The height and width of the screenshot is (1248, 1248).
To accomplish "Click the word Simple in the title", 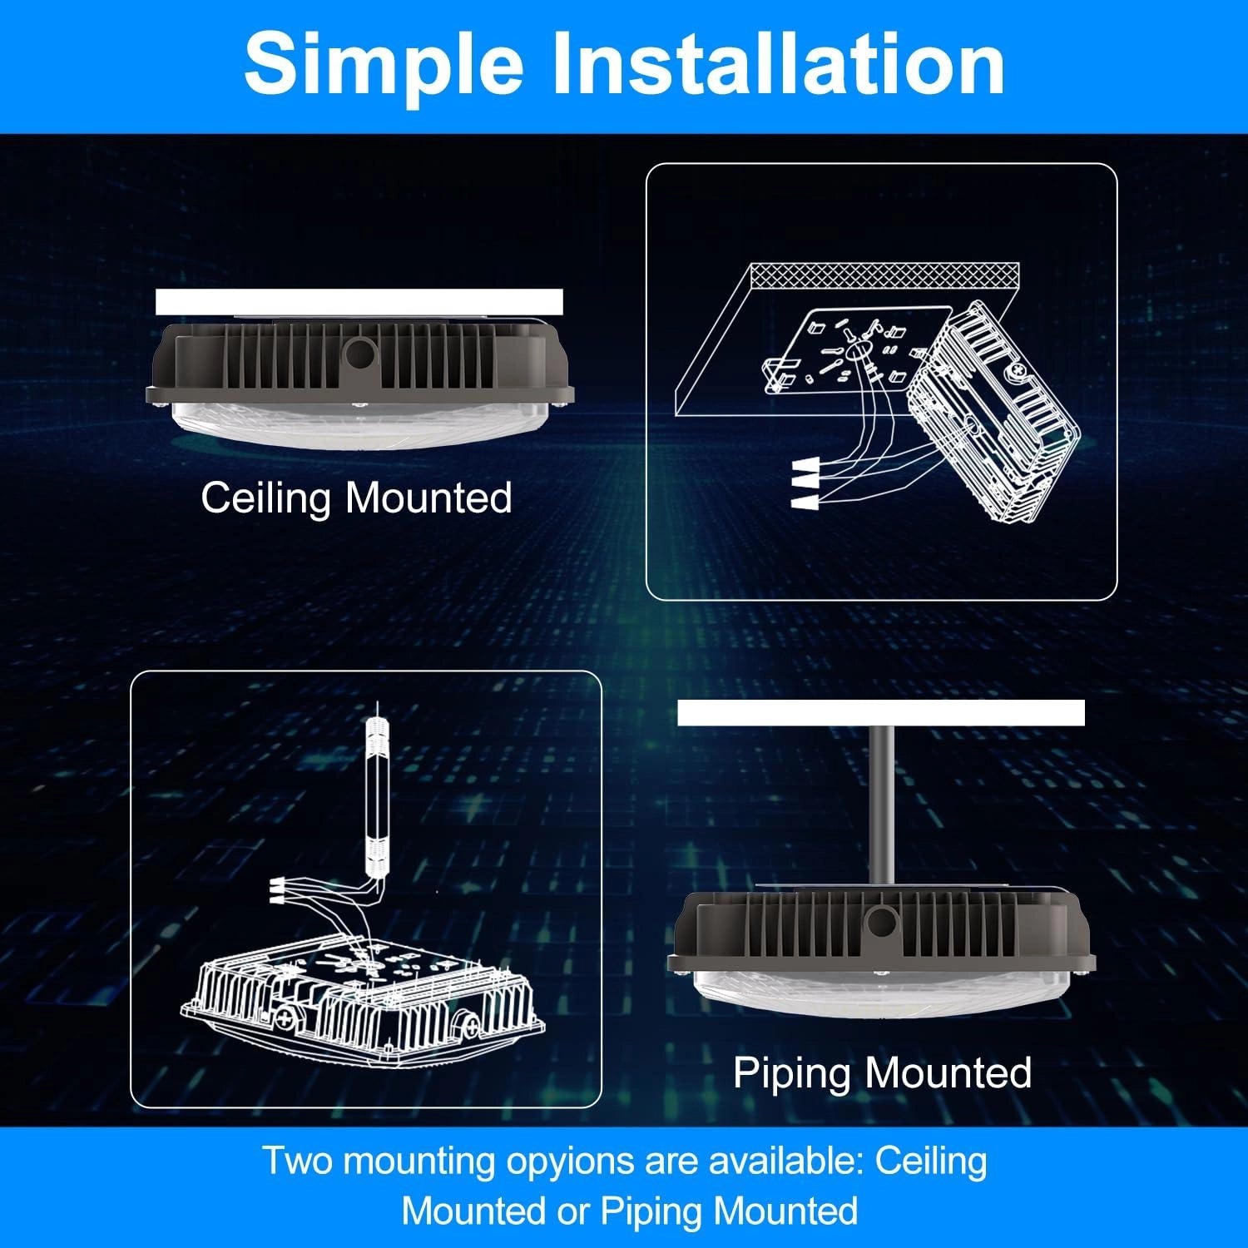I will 384,64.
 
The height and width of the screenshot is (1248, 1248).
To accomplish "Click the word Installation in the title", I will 778,64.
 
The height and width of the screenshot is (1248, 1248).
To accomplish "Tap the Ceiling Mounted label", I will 356,498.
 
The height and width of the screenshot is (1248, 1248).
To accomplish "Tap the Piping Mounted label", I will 882,1072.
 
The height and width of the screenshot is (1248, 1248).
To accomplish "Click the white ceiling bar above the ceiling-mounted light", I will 359,302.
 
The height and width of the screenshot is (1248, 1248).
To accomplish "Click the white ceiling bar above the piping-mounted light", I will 880,713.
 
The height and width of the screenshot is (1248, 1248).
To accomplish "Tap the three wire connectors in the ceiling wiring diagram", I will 805,484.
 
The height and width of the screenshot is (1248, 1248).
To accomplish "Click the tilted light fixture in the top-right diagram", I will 994,416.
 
